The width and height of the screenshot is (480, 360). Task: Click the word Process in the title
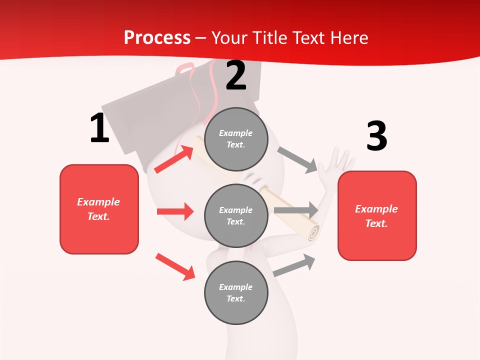(x=157, y=37)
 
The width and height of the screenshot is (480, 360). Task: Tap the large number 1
(x=99, y=128)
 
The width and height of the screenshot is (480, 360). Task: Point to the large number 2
(x=236, y=75)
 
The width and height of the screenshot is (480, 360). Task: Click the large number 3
(x=376, y=136)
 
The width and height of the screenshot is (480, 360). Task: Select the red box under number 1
(x=99, y=209)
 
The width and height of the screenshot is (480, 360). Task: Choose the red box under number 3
(x=377, y=215)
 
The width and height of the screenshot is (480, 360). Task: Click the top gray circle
(x=236, y=139)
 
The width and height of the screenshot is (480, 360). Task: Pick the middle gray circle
(x=236, y=215)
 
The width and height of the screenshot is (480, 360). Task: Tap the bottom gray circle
(x=236, y=292)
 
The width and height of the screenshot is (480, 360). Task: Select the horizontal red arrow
(x=175, y=211)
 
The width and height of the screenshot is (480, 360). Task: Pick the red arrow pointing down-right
(x=175, y=267)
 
